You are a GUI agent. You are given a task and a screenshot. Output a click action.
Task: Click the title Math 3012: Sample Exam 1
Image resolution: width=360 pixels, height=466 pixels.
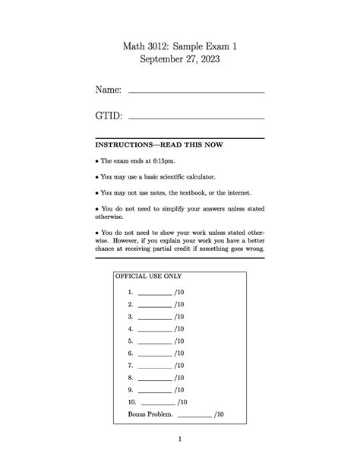180,47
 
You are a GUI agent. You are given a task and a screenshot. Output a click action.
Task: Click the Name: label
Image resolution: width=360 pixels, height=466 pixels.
108,90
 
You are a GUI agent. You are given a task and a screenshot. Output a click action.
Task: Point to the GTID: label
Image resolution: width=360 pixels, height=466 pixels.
109,116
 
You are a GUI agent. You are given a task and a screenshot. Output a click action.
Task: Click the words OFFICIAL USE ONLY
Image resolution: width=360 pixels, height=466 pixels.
148,277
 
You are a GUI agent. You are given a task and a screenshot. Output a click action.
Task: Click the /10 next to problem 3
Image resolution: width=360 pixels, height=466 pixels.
178,316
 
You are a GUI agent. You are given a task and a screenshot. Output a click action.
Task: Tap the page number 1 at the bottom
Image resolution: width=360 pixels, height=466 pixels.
180,439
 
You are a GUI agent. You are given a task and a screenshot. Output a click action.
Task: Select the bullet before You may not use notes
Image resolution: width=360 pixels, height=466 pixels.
97,193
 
